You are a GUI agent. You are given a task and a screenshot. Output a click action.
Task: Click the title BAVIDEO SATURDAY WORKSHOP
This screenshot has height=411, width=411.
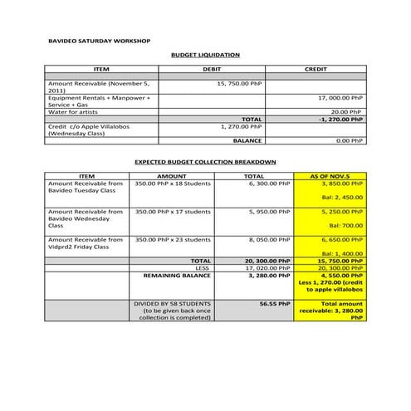[100, 40]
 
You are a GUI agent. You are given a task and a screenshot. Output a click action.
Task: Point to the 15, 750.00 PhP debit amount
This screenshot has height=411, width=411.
[239, 84]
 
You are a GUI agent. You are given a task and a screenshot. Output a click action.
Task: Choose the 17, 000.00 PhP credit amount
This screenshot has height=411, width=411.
[340, 97]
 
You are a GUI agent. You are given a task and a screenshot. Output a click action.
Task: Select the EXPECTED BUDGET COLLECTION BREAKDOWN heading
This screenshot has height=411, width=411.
[205, 161]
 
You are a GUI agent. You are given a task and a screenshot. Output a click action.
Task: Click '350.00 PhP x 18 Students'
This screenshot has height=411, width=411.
[173, 183]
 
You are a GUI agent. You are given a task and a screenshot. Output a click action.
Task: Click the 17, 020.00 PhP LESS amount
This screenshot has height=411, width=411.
[268, 267]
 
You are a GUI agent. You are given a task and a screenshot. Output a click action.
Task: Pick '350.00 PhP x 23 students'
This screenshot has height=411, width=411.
[173, 239]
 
